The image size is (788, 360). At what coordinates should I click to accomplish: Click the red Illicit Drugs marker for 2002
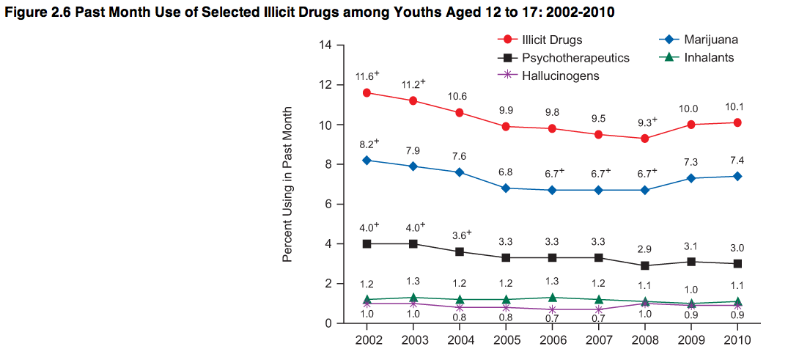pyautogui.click(x=367, y=92)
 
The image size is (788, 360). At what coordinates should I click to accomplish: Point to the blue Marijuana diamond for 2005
pyautogui.click(x=507, y=188)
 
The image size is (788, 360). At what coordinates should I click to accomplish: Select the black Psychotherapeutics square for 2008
pyautogui.click(x=644, y=265)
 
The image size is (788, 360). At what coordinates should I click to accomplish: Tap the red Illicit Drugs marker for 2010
pyautogui.click(x=737, y=122)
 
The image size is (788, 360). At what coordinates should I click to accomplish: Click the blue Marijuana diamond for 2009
pyautogui.click(x=691, y=178)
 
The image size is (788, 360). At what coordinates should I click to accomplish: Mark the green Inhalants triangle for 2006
pyautogui.click(x=553, y=297)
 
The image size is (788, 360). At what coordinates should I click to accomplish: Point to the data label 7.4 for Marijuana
pyautogui.click(x=737, y=160)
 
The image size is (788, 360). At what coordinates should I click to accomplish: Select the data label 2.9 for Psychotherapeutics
pyautogui.click(x=644, y=249)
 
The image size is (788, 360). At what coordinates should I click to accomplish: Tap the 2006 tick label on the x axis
pyautogui.click(x=553, y=340)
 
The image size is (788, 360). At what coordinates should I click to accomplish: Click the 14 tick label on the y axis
pyautogui.click(x=326, y=45)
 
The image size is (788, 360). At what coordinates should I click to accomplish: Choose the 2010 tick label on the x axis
pyautogui.click(x=737, y=340)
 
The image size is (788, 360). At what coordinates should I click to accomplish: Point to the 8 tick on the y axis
pyautogui.click(x=329, y=164)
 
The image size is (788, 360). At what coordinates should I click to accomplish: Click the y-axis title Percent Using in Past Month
pyautogui.click(x=288, y=184)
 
